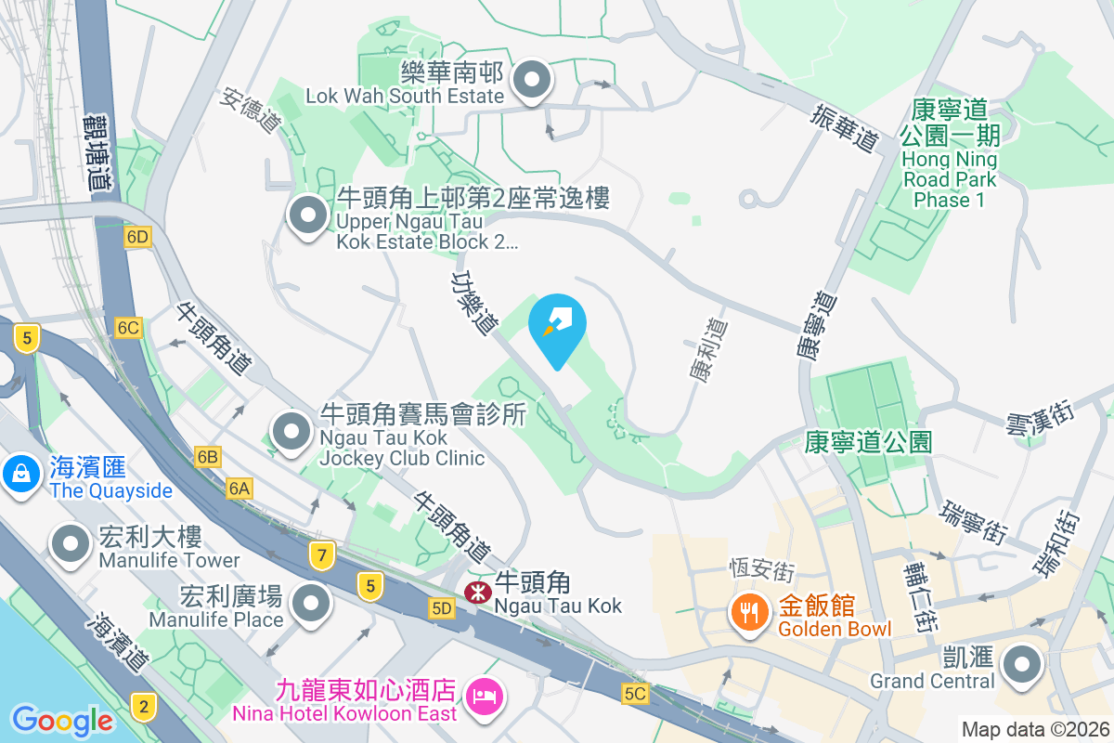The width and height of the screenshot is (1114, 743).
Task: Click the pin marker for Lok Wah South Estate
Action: tap(532, 81)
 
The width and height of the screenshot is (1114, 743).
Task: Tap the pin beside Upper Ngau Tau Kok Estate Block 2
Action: tap(307, 216)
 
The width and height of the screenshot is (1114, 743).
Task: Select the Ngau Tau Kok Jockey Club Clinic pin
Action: tap(292, 431)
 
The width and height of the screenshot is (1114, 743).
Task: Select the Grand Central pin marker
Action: tap(1022, 664)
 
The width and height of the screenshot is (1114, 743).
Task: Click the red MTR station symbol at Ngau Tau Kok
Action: tap(477, 591)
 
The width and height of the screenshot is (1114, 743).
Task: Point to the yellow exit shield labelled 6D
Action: tap(137, 238)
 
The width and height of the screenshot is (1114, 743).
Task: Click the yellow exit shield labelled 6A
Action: tap(240, 488)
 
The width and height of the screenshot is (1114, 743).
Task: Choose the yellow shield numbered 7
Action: tap(322, 555)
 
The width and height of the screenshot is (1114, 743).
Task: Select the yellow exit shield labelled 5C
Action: tap(635, 694)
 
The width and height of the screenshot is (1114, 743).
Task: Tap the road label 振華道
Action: tap(843, 129)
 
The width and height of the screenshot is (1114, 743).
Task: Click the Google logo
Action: tap(61, 720)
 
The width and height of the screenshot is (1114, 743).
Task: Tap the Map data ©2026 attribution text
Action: tap(1034, 729)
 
